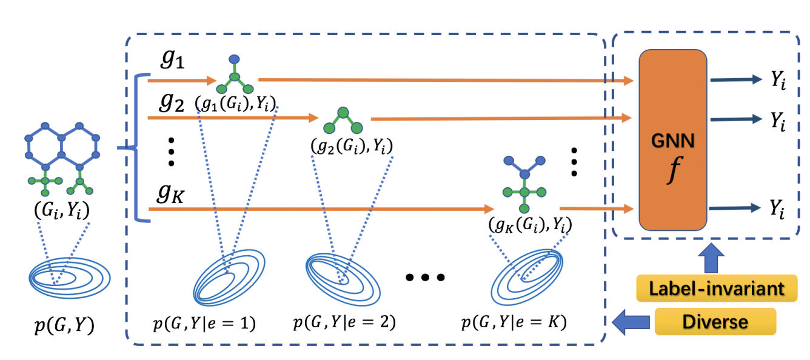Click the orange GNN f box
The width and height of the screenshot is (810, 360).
tap(673, 139)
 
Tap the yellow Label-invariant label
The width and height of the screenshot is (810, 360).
tap(716, 288)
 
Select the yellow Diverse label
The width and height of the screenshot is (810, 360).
tap(715, 321)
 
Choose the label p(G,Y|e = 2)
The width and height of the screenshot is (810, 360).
tap(344, 322)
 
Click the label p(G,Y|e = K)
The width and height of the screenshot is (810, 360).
tap(514, 322)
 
